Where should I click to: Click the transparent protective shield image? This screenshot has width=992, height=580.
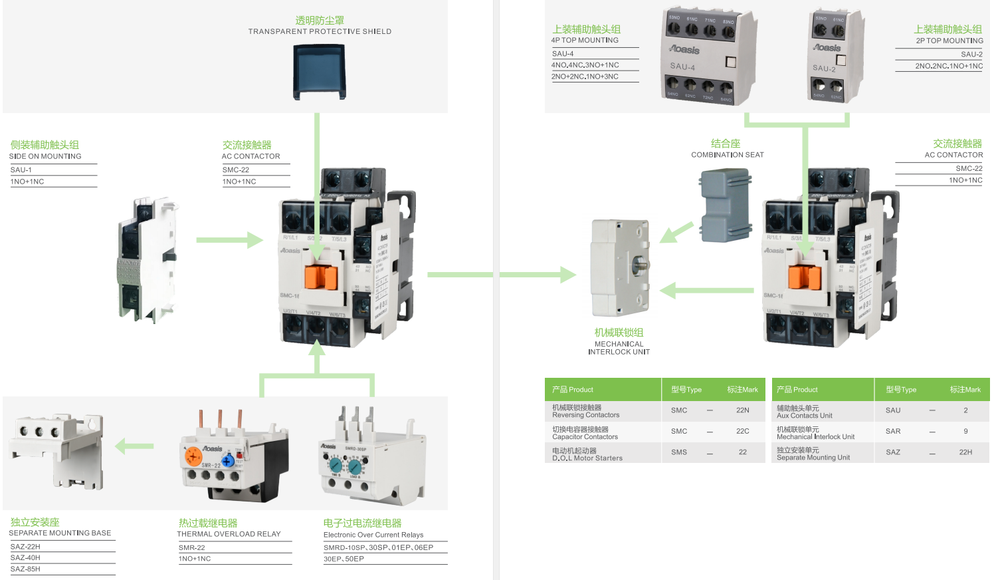point(320,72)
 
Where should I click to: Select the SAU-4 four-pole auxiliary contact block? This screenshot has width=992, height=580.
point(709,57)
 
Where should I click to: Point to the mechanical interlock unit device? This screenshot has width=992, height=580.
point(619,267)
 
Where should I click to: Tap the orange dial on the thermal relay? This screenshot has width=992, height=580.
point(193,456)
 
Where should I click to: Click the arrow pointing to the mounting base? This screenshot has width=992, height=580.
point(135,446)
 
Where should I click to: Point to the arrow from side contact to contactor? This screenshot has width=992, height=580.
point(230,240)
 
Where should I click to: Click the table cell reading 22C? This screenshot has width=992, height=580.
point(742,431)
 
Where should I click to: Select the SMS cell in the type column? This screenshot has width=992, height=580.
point(679,452)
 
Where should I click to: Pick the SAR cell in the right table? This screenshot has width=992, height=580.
point(893,431)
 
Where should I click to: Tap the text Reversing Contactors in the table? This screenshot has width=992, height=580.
point(585,415)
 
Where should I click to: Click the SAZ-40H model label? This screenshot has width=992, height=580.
point(25,557)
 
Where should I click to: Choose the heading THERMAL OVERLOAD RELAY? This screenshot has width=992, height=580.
point(229,534)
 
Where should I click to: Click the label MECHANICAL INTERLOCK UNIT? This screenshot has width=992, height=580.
point(619,348)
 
